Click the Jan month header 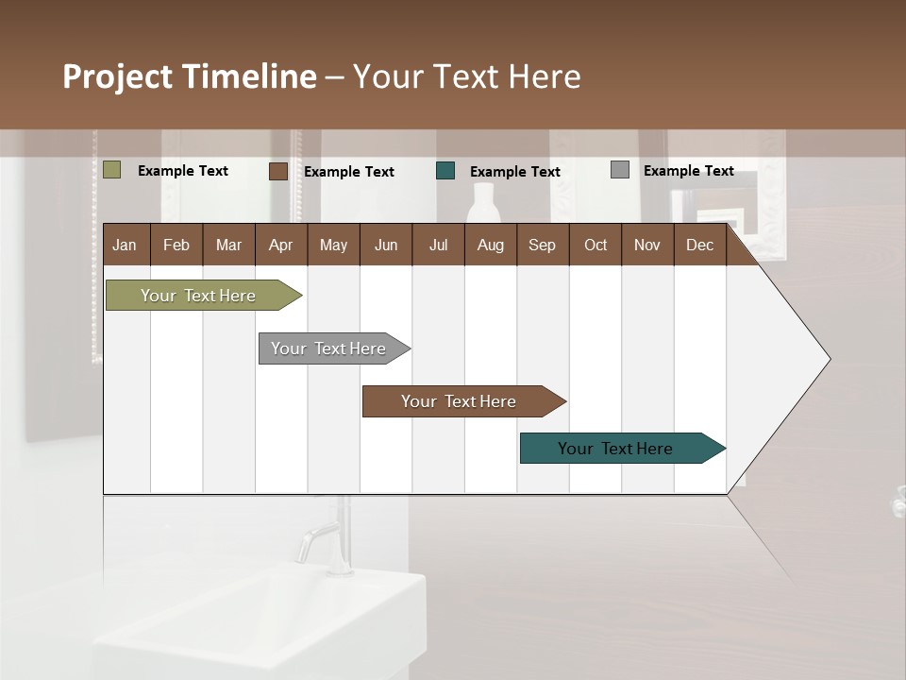(126, 245)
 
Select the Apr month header (281, 245)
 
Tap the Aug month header (491, 245)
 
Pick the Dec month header (700, 245)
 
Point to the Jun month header (386, 245)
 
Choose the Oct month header (596, 245)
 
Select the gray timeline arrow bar (330, 348)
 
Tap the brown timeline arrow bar (460, 401)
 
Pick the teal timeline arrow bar (617, 449)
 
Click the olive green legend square (112, 170)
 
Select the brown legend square (278, 171)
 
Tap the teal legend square (445, 171)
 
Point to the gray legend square (620, 170)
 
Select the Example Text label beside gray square (688, 171)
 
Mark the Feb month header (176, 245)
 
